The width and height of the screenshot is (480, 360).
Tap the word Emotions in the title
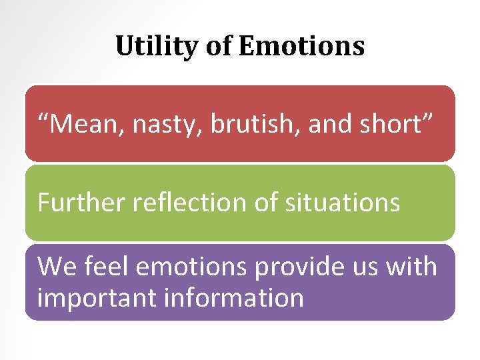[301, 47]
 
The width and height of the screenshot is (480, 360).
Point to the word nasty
[167, 125]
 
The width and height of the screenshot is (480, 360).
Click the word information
[237, 297]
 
